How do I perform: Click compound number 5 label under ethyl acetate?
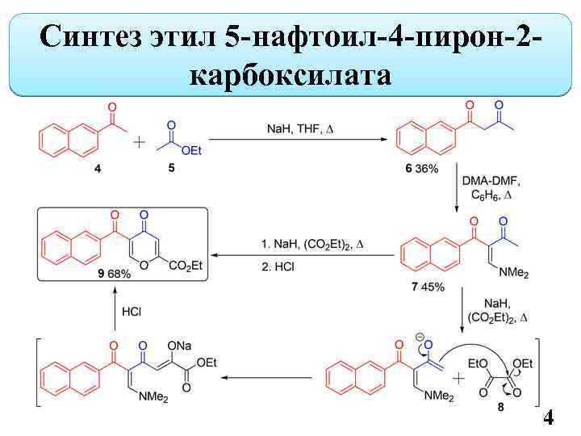(171, 169)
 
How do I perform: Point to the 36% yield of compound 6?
(428, 168)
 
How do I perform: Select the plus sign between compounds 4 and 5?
(139, 142)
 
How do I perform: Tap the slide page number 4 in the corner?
(549, 417)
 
